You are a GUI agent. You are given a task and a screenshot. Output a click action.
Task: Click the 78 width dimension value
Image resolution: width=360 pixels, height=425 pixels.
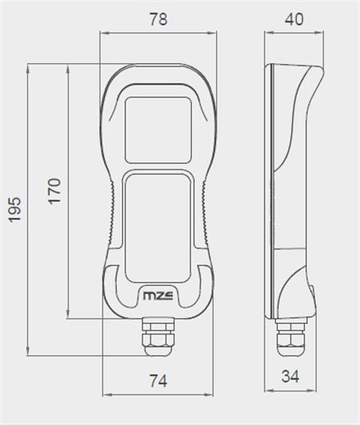tap(158, 20)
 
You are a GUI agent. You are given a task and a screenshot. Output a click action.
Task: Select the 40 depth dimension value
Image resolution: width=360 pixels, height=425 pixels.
tap(294, 20)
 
